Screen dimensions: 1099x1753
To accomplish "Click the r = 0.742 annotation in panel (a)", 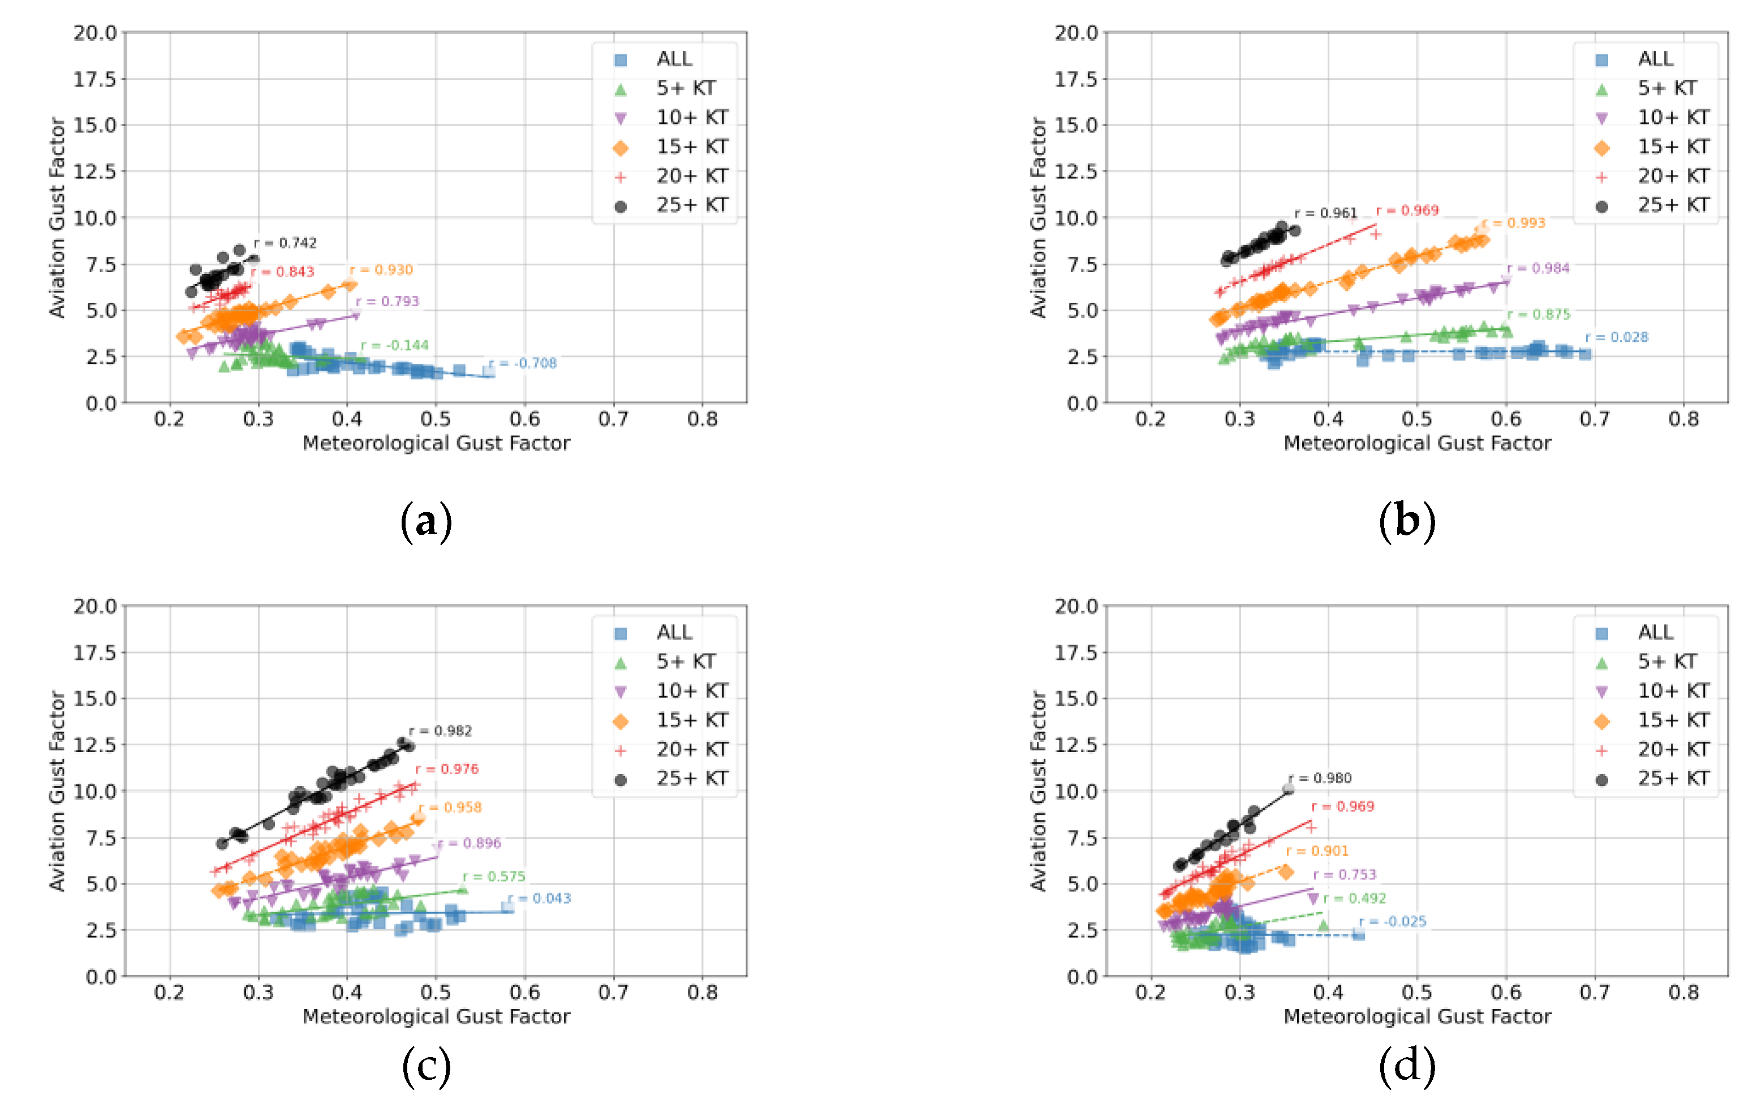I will (x=286, y=243).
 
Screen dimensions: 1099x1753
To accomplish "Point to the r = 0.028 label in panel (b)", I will (x=1617, y=337).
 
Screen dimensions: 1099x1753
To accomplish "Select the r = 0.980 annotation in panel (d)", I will (x=1320, y=778).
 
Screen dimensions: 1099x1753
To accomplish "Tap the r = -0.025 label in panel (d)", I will (x=1393, y=922).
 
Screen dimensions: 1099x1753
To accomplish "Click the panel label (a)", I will (x=427, y=522).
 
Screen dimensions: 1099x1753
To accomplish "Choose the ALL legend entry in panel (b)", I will (x=1655, y=59).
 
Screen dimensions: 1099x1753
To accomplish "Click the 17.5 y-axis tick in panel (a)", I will (x=94, y=79).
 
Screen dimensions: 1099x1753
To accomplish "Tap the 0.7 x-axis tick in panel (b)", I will (x=1595, y=419).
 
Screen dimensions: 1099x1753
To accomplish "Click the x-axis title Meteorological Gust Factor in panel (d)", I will (x=1416, y=1016).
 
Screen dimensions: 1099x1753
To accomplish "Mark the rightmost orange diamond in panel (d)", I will (x=1286, y=872).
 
